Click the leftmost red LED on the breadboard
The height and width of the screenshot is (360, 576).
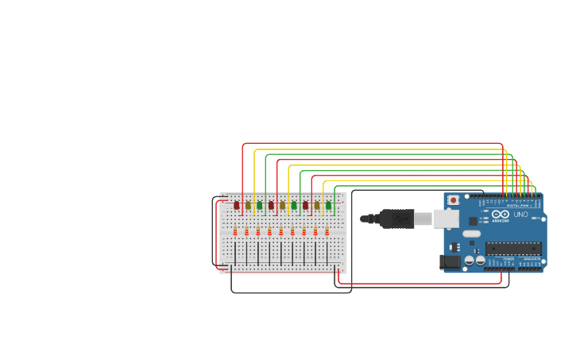click(x=237, y=205)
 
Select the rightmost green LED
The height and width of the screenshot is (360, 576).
click(x=328, y=205)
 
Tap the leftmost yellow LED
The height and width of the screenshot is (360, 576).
click(x=248, y=205)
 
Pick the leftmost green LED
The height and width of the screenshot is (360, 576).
click(x=260, y=205)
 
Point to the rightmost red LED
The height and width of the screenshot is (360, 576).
click(x=305, y=205)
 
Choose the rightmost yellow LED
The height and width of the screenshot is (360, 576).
click(x=317, y=205)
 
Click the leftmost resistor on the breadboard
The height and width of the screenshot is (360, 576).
click(x=235, y=231)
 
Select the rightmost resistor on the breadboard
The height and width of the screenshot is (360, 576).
click(x=327, y=231)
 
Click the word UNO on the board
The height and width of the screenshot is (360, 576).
click(x=521, y=215)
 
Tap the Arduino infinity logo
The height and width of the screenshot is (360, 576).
click(x=501, y=215)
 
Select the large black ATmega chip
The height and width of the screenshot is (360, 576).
click(x=513, y=249)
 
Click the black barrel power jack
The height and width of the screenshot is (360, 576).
click(x=450, y=261)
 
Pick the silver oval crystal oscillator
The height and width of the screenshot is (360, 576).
click(x=471, y=234)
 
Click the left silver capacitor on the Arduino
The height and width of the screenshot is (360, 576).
click(x=470, y=260)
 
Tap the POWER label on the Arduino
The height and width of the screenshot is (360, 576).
click(x=508, y=258)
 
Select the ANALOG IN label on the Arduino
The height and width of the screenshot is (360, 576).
click(x=531, y=258)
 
